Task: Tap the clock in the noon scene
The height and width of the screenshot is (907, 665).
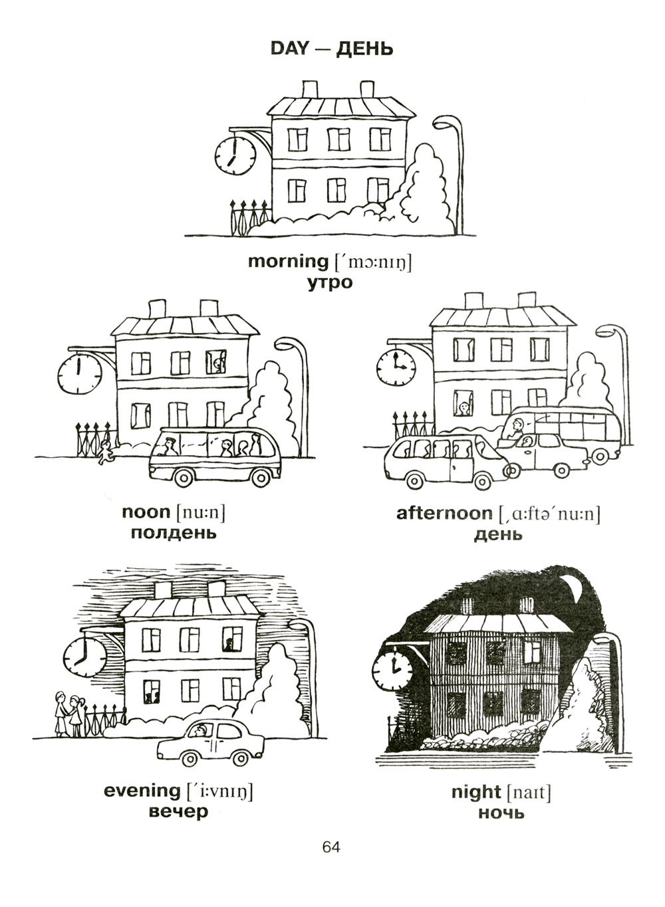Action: [x=79, y=373]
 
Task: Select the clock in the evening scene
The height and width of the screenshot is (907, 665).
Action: [x=85, y=656]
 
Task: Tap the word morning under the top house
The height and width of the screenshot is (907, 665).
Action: [x=288, y=262]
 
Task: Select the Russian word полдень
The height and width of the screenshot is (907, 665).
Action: [x=174, y=534]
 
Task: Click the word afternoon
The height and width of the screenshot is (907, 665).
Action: [x=444, y=513]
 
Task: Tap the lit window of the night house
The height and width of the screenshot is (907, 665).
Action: [x=533, y=651]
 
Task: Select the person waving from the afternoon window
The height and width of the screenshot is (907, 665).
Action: [x=464, y=406]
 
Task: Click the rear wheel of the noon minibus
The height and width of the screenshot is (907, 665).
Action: [x=261, y=478]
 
